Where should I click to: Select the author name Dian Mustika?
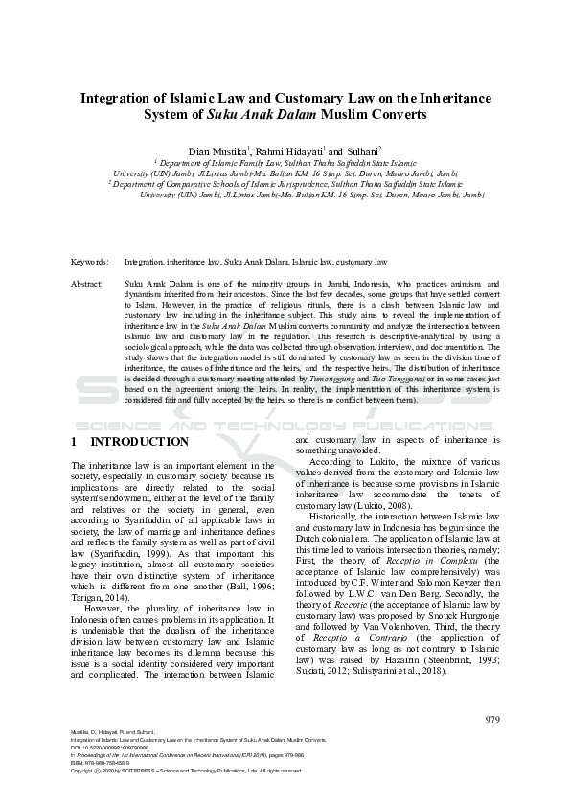click(217, 151)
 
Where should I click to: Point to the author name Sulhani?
click(361, 151)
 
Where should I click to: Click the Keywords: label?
click(89, 261)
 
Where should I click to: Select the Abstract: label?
click(87, 285)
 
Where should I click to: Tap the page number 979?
click(492, 746)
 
